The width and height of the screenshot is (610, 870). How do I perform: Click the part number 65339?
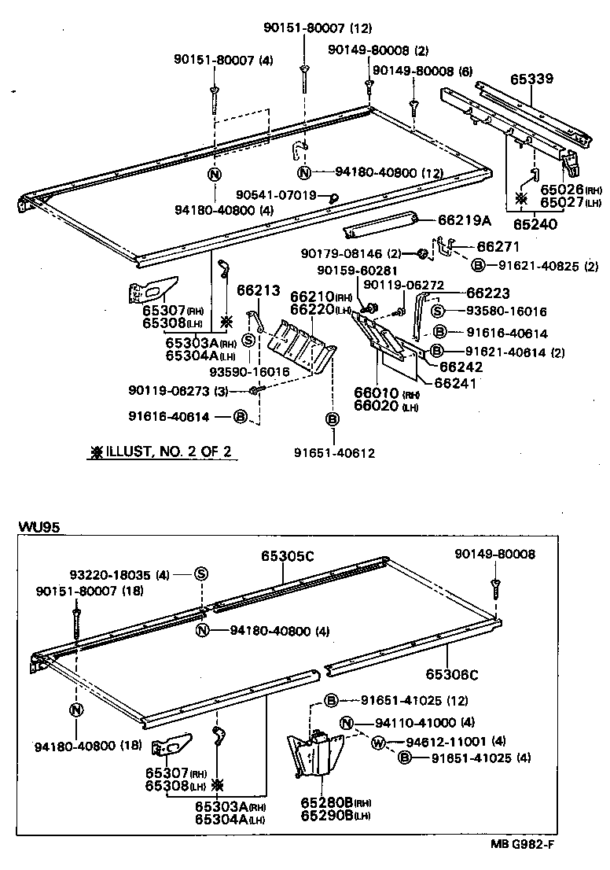[x=531, y=79]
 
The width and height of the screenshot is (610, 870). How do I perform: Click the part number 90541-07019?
[x=277, y=194]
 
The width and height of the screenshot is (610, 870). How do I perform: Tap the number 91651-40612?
[x=335, y=453]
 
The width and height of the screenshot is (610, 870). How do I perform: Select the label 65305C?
[x=287, y=556]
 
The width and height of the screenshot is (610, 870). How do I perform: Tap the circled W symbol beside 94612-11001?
[x=377, y=741]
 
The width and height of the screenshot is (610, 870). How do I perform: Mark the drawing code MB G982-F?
[x=524, y=846]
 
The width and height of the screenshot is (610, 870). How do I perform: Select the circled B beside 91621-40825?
[x=479, y=266]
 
